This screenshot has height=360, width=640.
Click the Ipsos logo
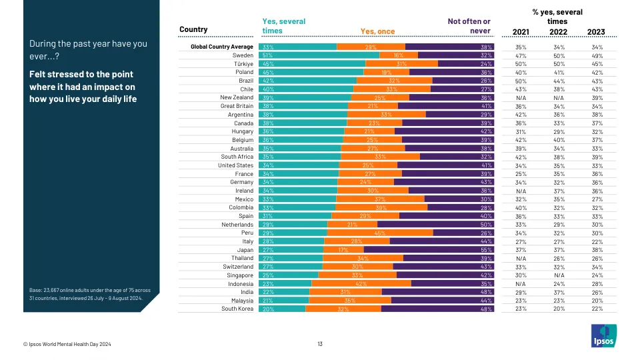pyautogui.click(x=604, y=335)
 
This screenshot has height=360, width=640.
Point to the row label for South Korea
pyautogui.click(x=237, y=309)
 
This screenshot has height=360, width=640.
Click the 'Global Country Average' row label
pyautogui.click(x=222, y=47)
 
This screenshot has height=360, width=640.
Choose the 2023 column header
pyautogui.click(x=596, y=31)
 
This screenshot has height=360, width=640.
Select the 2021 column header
pyautogui.click(x=521, y=31)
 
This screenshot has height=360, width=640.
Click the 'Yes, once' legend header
pyautogui.click(x=377, y=31)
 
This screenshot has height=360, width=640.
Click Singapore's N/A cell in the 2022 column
pyautogui.click(x=558, y=275)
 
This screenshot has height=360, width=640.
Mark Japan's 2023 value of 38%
pyautogui.click(x=596, y=249)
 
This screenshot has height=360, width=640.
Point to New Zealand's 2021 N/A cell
pyautogui.click(x=521, y=97)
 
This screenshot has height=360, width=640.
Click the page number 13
pyautogui.click(x=320, y=344)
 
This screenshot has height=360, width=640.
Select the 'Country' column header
pyautogui.click(x=193, y=29)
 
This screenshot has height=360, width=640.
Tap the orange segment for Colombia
pyautogui.click(x=381, y=207)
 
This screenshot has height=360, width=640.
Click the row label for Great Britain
pyautogui.click(x=237, y=106)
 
